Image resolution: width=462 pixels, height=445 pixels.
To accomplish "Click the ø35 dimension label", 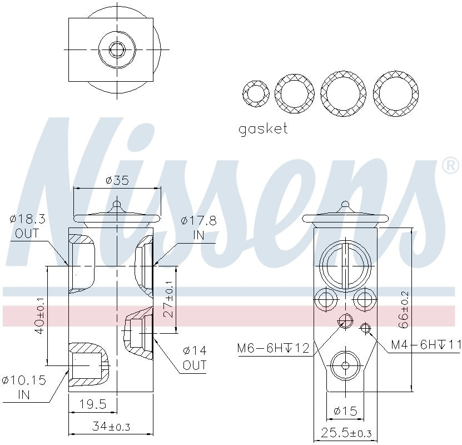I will click(117, 180).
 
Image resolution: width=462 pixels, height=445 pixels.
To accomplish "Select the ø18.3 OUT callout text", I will click(27, 226).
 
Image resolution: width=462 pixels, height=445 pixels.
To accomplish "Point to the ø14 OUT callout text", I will click(194, 358).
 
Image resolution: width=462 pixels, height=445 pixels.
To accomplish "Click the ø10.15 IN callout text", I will click(23, 388).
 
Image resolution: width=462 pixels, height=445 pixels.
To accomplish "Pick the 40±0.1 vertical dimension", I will click(39, 316).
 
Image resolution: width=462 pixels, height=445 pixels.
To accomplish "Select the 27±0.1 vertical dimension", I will click(168, 302).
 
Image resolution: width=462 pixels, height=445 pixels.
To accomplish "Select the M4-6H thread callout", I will click(426, 345).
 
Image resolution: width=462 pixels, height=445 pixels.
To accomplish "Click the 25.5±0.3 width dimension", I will click(346, 433).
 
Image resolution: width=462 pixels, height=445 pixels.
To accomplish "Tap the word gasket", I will click(263, 128).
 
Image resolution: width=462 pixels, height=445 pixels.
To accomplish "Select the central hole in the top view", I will click(117, 50).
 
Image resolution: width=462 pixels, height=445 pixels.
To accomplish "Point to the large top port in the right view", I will click(345, 263).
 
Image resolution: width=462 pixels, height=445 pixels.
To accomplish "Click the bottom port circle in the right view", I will click(345, 365).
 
